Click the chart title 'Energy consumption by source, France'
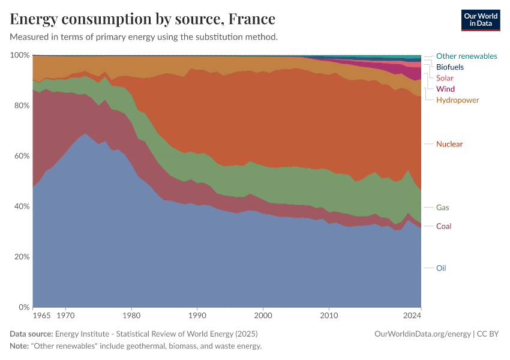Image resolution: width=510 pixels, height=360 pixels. click(143, 19)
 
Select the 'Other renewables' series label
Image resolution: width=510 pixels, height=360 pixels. click(466, 56)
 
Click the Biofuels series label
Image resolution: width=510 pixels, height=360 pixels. click(449, 67)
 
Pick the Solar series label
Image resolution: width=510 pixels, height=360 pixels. click(445, 78)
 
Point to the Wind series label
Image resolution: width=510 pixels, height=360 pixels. click(445, 89)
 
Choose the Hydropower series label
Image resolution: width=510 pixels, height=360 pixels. click(457, 100)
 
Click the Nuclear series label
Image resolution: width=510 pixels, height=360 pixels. click(449, 144)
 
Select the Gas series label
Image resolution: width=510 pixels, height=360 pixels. click(442, 208)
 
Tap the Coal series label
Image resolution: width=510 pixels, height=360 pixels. click(443, 226)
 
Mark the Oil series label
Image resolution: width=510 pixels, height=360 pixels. click(441, 268)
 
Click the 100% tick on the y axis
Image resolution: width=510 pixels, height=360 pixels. click(20, 55)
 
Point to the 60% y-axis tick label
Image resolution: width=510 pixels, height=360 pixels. click(21, 156)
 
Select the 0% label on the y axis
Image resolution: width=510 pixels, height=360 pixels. click(23, 307)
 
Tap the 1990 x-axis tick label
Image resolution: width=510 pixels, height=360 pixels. click(197, 314)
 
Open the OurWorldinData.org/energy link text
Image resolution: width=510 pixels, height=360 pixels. click(422, 334)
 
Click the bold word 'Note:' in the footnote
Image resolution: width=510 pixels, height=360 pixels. click(21, 346)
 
